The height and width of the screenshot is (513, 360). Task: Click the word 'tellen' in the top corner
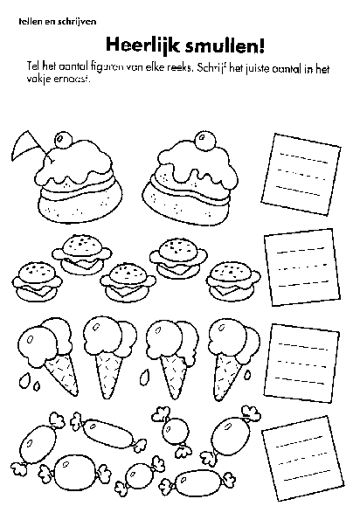29,19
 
